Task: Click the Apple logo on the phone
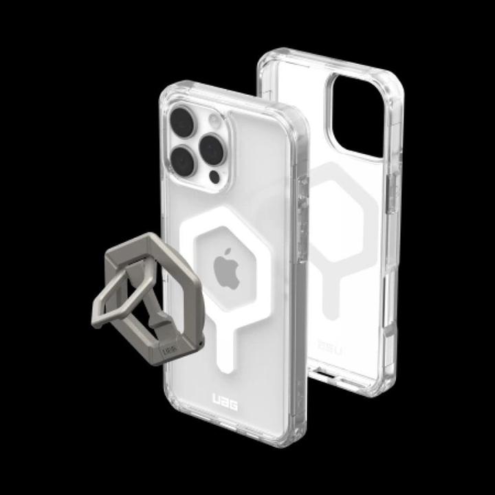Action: pyautogui.click(x=227, y=269)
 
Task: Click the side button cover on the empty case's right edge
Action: pyautogui.click(x=393, y=189)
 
